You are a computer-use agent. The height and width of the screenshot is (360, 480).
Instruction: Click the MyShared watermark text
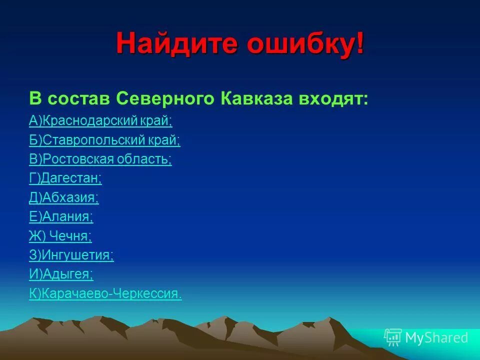point(436,338)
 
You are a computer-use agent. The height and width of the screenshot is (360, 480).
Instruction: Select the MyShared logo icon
point(393,337)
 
